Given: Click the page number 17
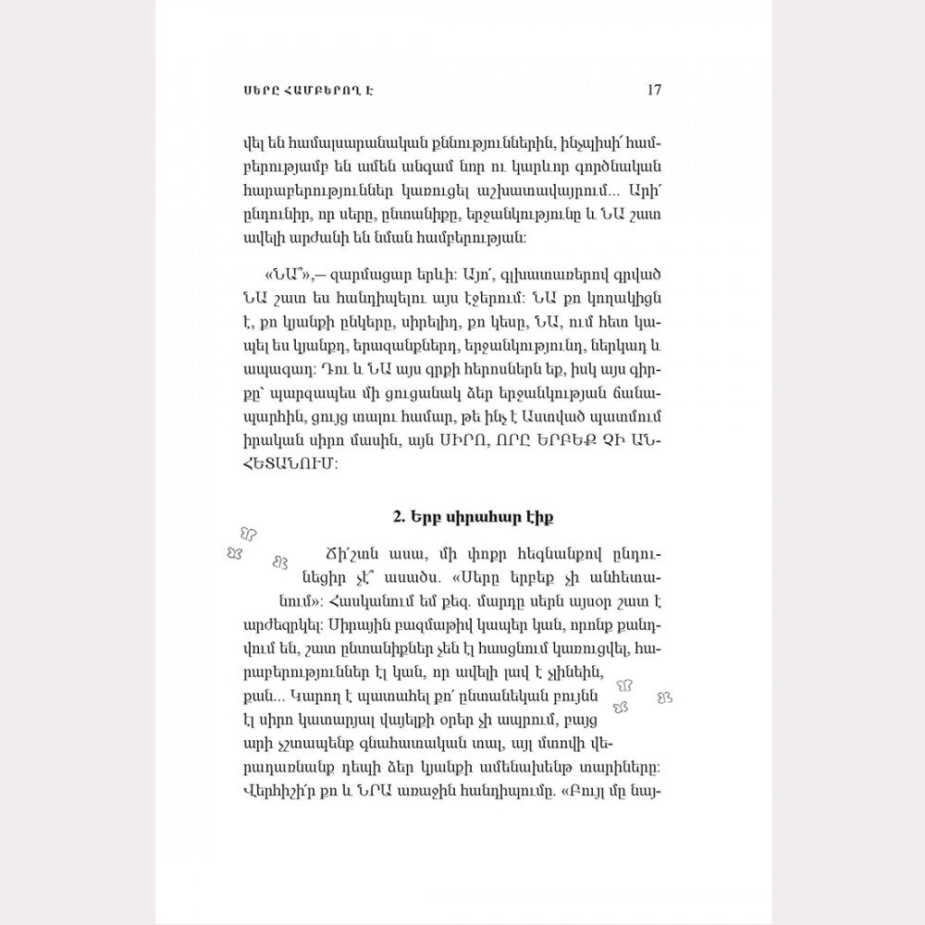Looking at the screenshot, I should tap(653, 90).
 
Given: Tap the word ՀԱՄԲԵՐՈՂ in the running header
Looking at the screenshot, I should tap(288, 91).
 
